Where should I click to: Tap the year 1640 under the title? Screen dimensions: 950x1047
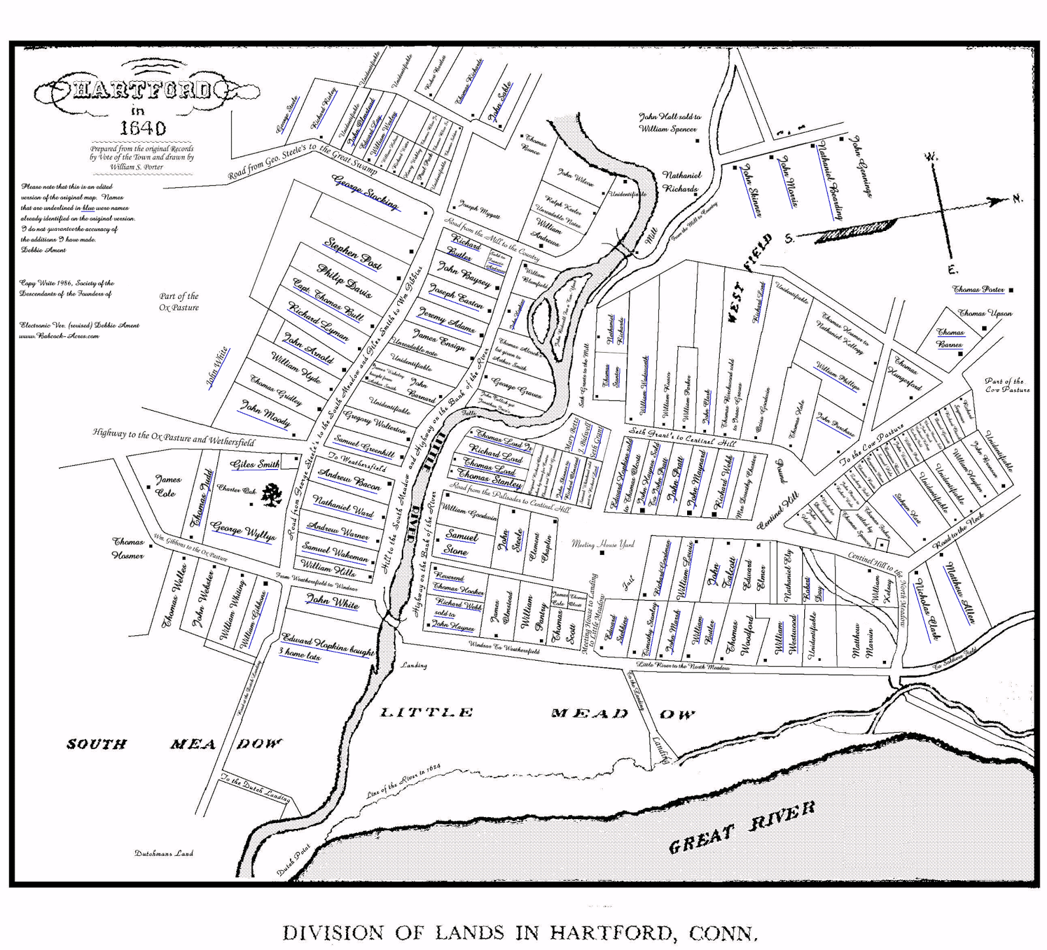pos(142,128)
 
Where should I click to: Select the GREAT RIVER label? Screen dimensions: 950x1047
pos(742,828)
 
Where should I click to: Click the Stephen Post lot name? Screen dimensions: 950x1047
pos(353,253)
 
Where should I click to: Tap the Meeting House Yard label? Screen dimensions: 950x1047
pos(603,544)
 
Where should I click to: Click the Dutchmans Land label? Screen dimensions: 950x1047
pos(164,853)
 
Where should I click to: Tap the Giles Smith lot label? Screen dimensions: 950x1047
pos(255,464)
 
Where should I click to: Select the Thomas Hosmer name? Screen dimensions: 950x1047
pos(128,548)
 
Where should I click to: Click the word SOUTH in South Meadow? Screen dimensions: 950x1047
pos(96,744)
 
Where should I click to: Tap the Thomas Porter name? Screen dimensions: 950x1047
pos(978,289)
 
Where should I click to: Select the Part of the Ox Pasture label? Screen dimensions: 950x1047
pos(179,302)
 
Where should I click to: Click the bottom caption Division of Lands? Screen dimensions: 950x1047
pos(520,932)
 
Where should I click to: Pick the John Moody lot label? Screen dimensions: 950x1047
pos(265,413)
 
